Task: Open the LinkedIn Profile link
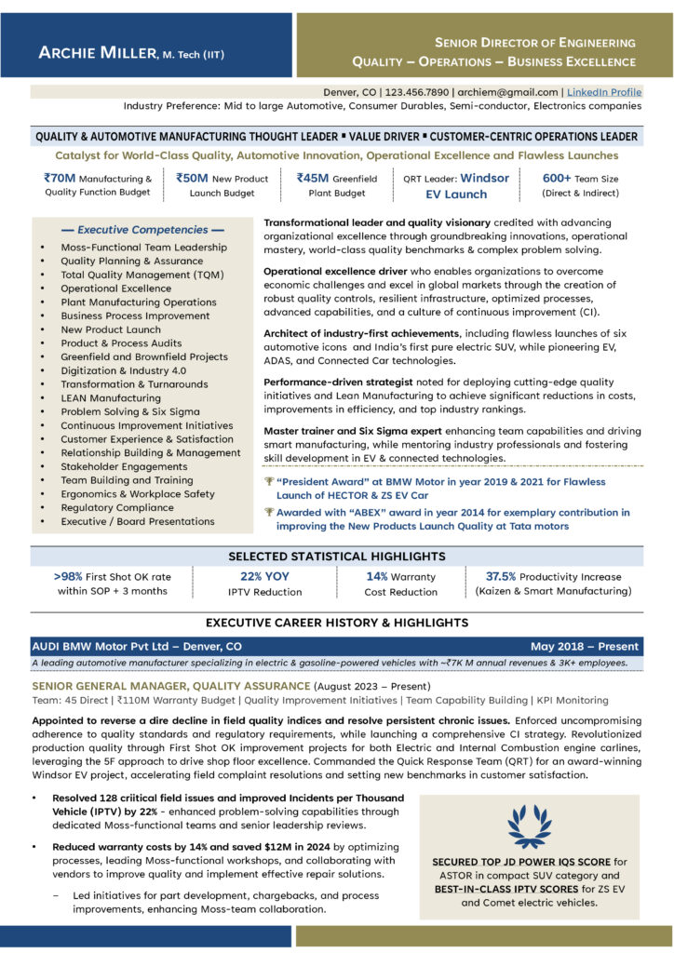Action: pos(604,92)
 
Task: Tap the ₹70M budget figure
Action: pos(60,178)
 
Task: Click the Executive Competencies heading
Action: pos(142,229)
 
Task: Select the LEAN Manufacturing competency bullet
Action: pos(111,398)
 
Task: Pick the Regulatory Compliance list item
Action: pos(117,508)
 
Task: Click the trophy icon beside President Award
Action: pos(269,482)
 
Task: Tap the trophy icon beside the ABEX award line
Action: pos(269,512)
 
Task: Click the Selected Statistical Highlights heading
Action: pos(337,557)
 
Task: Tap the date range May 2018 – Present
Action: pos(585,646)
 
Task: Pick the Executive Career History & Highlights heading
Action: pos(337,622)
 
